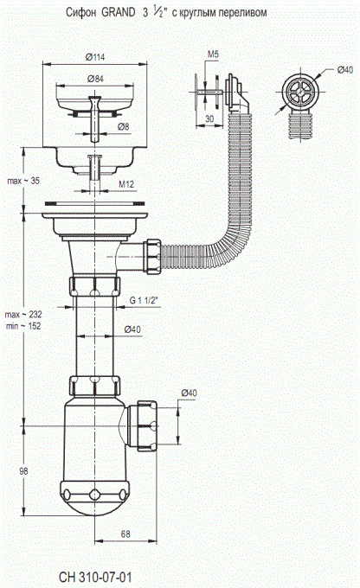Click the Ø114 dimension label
coord(95,57)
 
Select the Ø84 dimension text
coord(95,79)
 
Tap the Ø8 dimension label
coord(123,127)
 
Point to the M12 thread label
coord(126,184)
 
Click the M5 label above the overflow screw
coord(213,54)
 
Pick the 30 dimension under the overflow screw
coord(209,118)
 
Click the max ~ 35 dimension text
coord(23,181)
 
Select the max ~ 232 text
coord(23,314)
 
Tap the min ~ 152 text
coord(23,326)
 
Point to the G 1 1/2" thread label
coord(144,300)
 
